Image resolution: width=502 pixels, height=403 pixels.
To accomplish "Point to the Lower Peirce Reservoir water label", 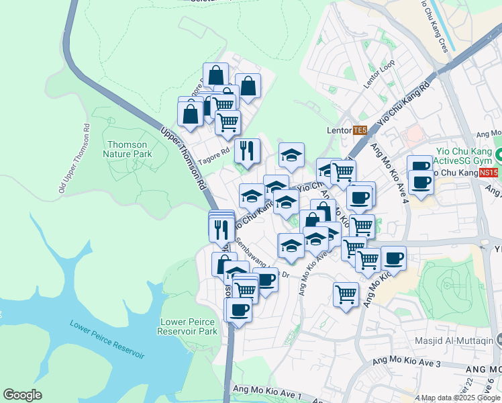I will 107,339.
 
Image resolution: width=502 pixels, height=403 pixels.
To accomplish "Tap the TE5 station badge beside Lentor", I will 360,130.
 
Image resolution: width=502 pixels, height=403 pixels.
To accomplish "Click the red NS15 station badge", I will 489,173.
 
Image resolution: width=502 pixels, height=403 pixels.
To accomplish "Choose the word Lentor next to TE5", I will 338,130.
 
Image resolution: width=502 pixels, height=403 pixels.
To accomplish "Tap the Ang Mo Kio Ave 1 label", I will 266,390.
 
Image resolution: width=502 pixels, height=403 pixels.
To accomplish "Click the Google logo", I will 22,395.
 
